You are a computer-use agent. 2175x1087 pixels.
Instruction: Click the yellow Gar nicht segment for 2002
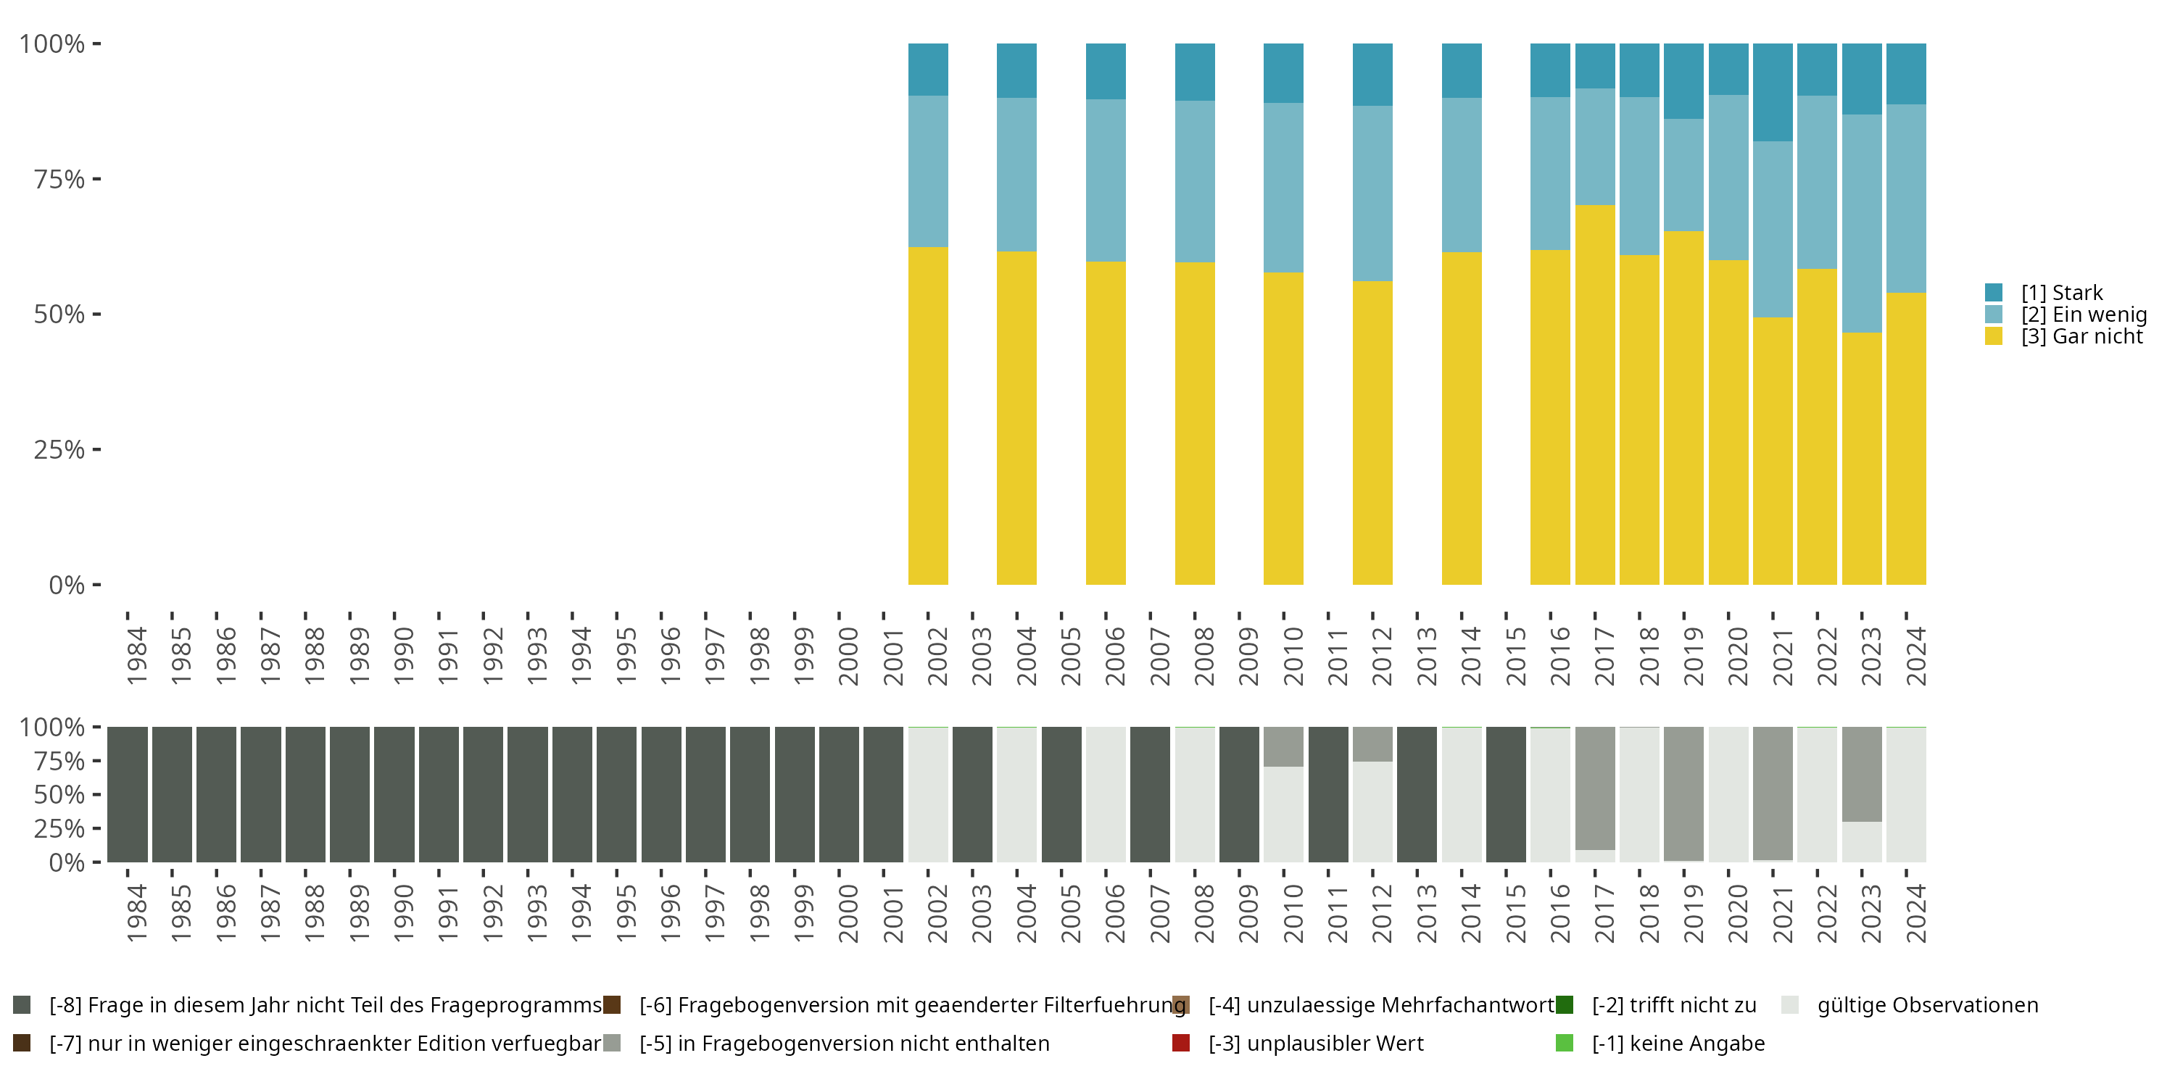(927, 415)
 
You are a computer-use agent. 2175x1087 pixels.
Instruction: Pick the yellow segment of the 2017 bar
(1594, 394)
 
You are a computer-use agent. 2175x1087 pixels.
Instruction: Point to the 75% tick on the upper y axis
(96, 179)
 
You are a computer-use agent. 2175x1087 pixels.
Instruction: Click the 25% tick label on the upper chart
(59, 450)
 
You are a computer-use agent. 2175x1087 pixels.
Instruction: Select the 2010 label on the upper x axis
(1293, 656)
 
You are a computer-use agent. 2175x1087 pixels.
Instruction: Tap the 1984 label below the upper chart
(137, 656)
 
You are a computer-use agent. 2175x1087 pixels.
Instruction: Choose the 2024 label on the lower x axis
(1915, 913)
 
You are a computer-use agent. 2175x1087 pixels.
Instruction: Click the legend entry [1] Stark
(2061, 293)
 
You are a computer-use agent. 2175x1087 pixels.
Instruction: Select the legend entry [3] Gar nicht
(2081, 337)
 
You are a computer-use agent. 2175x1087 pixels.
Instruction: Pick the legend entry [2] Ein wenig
(2083, 315)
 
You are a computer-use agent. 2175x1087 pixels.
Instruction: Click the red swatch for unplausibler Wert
(1180, 1043)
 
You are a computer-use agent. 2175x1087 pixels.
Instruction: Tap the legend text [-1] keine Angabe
(1678, 1043)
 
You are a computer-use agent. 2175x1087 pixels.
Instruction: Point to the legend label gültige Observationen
(1927, 1005)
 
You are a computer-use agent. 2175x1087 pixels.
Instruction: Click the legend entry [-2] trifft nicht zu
(1673, 1005)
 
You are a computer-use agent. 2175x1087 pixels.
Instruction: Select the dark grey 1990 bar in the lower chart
(394, 794)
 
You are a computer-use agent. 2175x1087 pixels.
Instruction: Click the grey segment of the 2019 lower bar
(1683, 794)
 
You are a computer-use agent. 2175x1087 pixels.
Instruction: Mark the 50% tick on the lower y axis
(96, 794)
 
